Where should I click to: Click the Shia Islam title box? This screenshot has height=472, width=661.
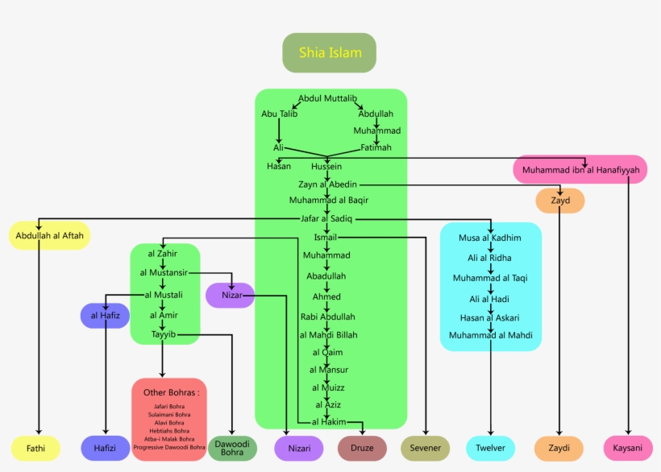(329, 53)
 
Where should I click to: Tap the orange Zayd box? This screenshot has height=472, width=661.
(560, 201)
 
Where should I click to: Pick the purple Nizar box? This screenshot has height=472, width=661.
(230, 296)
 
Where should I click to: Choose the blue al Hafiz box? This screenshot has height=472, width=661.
(105, 316)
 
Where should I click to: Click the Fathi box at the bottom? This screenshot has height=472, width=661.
(35, 448)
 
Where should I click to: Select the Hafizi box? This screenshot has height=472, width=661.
(106, 448)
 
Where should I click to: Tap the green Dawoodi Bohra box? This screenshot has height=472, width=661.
(232, 448)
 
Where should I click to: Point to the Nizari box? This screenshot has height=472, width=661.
(299, 448)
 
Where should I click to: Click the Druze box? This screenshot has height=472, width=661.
(362, 448)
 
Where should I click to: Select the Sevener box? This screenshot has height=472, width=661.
(425, 448)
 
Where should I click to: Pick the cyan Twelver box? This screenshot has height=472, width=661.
(490, 448)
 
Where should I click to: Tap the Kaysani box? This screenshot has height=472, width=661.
(628, 448)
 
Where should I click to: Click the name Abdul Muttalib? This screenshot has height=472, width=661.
(327, 98)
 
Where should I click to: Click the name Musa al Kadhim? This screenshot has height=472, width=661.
(490, 238)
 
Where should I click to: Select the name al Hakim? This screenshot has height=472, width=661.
(329, 421)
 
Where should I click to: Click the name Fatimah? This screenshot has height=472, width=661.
(376, 147)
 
